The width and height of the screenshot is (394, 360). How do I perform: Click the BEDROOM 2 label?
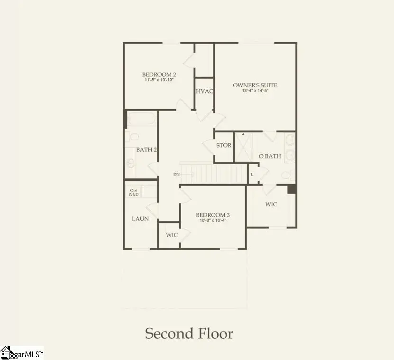pos(159,74)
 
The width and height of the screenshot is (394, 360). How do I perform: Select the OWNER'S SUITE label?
pos(255,85)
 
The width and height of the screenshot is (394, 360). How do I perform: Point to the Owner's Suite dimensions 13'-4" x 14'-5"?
pos(255,91)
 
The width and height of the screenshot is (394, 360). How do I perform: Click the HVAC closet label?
pos(205,91)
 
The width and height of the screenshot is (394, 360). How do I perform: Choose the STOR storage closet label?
pos(224,145)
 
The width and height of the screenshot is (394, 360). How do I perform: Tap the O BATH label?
pos(269,156)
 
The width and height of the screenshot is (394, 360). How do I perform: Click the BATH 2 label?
pos(147,149)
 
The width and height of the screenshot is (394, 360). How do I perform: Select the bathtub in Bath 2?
pos(141,119)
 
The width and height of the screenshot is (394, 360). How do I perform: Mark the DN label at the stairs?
pos(176,175)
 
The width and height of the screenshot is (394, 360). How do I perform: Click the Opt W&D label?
pos(134,193)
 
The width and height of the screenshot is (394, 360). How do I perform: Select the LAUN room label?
pos(140,219)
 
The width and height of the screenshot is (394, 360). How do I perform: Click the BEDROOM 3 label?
pos(213,215)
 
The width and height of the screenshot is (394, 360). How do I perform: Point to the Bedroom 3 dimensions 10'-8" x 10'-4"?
pos(213,221)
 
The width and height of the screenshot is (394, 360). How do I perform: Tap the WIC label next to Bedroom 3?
pos(172,235)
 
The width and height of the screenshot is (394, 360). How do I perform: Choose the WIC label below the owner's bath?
pos(271,204)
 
